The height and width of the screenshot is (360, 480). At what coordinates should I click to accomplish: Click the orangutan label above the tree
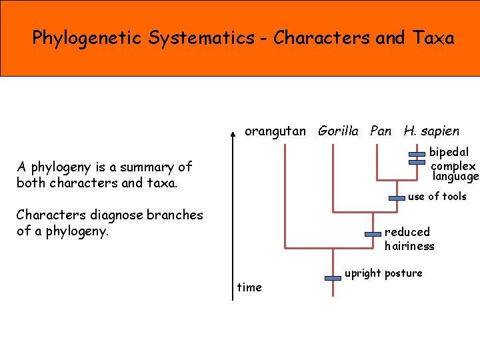point(276,131)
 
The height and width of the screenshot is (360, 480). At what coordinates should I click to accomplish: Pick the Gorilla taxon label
point(339,131)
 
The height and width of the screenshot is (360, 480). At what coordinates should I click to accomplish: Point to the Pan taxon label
point(381,131)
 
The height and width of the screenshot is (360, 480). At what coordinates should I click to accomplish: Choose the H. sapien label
point(431,131)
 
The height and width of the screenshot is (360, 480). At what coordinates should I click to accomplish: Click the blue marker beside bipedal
point(417,155)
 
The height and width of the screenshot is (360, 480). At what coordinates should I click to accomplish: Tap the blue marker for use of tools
point(397,198)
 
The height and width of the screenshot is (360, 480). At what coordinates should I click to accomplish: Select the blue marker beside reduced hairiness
point(373,234)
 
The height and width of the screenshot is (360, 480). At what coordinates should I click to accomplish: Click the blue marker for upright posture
point(333,277)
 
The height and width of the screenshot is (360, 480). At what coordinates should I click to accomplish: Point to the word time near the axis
point(249,287)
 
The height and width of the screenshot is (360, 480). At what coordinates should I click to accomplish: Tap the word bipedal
point(449,152)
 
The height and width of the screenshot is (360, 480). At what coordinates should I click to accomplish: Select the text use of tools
point(437,197)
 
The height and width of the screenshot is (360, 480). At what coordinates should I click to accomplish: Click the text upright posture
point(383,273)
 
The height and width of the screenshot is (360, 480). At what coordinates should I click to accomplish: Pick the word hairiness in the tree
point(409,246)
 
